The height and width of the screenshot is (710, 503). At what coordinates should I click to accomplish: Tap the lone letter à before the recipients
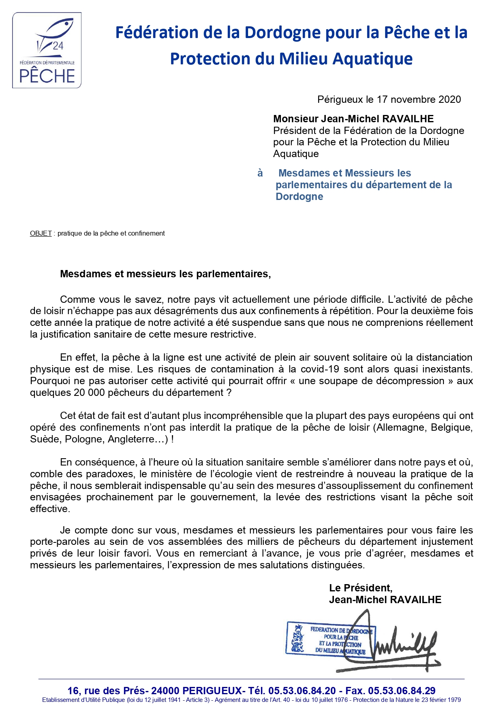260,173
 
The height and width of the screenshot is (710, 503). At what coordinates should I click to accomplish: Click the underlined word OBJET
41,234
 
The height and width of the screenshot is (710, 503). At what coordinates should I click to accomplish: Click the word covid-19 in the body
322,369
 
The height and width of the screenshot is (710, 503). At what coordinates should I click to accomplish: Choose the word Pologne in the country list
84,439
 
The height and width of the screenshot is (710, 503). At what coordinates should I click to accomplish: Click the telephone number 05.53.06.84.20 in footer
302,691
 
